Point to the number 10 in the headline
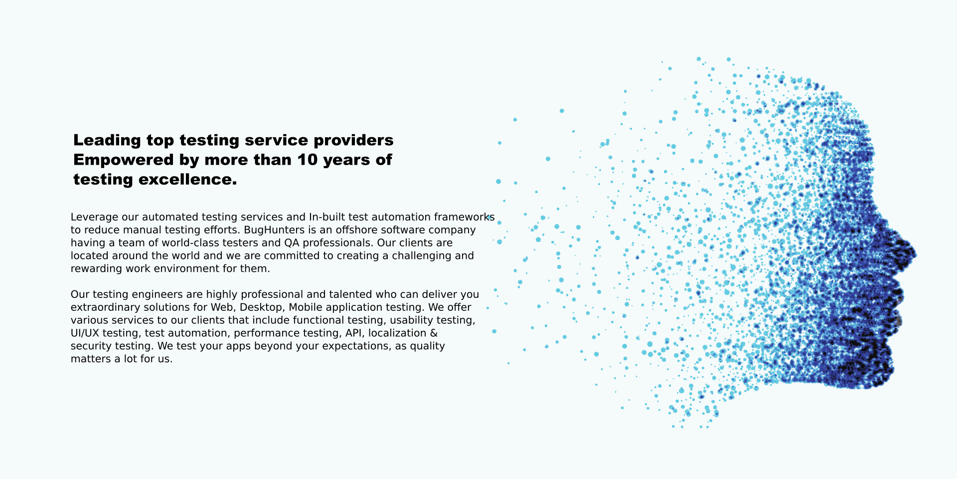pyautogui.click(x=308, y=160)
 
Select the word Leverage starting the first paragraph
pyautogui.click(x=94, y=218)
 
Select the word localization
pyautogui.click(x=397, y=333)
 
